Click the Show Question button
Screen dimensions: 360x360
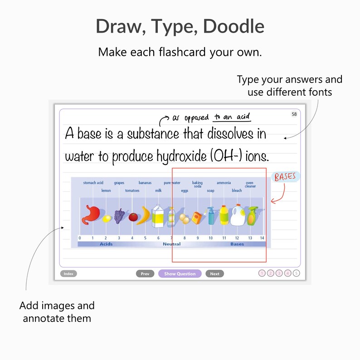180,274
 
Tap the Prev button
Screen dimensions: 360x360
145,274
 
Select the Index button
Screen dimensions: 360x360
68,274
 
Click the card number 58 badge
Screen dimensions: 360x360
294,114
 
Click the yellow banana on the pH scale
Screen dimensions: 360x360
145,216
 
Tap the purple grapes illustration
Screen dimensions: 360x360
119,216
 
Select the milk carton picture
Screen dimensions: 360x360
157,216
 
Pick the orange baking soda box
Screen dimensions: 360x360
197,219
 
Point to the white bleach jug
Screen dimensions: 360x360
237,216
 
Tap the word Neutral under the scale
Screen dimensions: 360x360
171,244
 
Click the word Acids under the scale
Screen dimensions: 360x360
106,244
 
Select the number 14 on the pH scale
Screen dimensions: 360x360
262,238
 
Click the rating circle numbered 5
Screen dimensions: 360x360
297,273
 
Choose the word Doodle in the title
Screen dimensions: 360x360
234,27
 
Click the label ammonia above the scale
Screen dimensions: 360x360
224,183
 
